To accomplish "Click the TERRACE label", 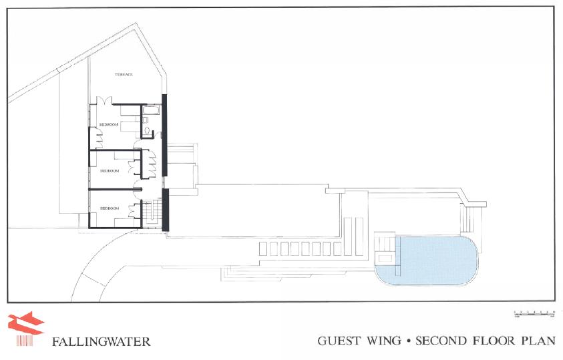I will point(124,75).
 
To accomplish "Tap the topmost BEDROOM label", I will point(110,125).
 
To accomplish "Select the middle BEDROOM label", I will point(110,171).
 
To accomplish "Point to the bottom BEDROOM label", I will point(110,209).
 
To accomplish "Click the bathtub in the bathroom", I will point(150,110).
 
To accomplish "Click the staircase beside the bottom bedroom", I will point(155,212).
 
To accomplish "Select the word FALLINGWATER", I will point(101,342).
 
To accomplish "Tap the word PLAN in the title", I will point(538,341).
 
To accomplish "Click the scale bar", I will point(534,313).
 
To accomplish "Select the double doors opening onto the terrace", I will point(104,100).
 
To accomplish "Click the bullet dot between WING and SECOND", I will point(407,341).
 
